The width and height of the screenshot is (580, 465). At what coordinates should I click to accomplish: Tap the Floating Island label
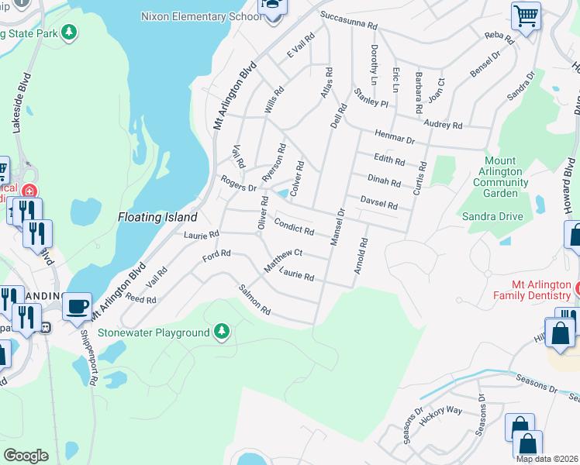[157, 217]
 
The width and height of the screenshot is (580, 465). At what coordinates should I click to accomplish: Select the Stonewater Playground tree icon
[223, 332]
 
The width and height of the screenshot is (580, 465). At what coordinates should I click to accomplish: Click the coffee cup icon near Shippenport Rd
[77, 306]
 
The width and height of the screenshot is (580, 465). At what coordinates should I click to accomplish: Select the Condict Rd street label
[295, 226]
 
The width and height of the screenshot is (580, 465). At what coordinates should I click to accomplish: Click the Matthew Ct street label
[282, 259]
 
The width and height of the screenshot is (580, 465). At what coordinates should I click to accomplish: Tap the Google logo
[25, 455]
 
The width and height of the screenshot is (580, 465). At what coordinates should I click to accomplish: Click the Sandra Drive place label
[492, 216]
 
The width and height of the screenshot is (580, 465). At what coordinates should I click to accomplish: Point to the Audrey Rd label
[442, 123]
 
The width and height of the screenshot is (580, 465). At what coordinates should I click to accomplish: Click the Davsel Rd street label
[378, 203]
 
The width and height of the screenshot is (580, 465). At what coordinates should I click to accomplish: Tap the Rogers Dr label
[238, 184]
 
